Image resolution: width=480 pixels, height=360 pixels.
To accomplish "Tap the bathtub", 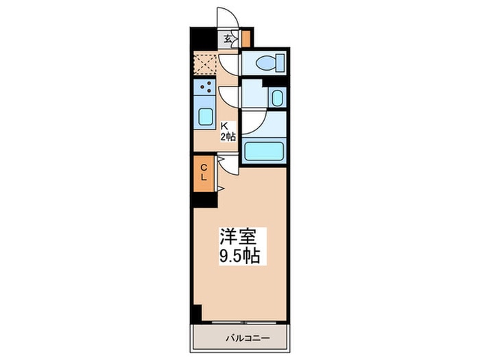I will point(265,150).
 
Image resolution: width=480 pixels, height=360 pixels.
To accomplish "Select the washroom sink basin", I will point(276,97).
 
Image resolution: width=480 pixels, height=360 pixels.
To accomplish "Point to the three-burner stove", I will point(205,87).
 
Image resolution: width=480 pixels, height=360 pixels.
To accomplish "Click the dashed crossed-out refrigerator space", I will point(205,64).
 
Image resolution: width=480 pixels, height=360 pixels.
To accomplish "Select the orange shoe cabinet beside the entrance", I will point(246,38).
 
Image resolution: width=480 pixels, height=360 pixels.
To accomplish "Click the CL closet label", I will point(204,172).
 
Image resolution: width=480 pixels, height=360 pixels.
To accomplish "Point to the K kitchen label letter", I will point(224,125).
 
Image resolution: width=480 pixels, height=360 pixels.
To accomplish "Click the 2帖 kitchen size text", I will point(228,136).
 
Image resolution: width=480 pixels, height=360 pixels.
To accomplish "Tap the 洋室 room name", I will point(238,238).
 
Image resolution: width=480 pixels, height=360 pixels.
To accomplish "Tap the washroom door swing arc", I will point(230,95).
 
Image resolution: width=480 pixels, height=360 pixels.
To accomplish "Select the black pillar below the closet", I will point(204,199).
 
